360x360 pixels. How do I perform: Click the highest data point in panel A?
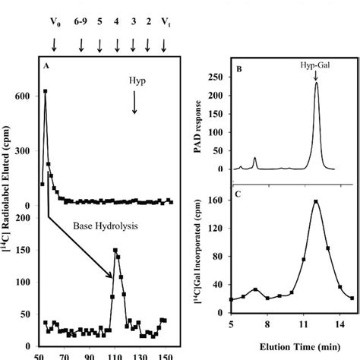pos(46,91)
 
